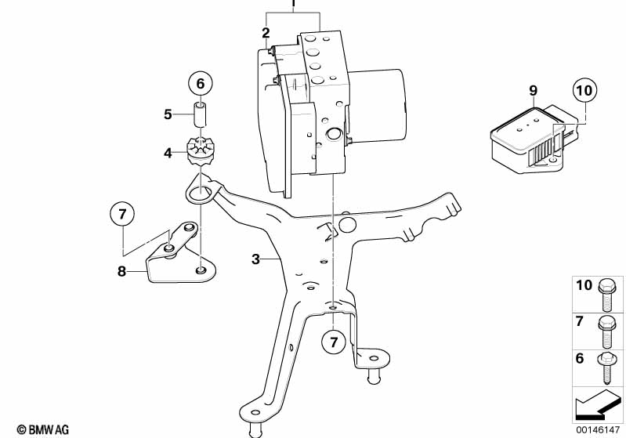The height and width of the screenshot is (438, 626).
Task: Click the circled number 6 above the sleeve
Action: [200, 83]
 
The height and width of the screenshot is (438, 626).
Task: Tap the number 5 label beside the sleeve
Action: [168, 114]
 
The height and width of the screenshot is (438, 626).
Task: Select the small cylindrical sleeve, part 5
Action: [201, 114]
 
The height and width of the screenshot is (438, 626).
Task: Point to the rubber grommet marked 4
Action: [201, 151]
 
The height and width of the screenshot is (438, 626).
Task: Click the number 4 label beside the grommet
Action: [168, 153]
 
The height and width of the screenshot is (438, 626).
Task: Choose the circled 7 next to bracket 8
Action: [122, 214]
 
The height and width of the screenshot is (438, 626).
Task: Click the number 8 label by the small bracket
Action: [120, 270]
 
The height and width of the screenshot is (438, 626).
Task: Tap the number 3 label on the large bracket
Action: [255, 258]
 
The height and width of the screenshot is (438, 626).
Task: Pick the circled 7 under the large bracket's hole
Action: [333, 342]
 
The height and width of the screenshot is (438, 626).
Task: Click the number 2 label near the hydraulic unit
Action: [266, 33]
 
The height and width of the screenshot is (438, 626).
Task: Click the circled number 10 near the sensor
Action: [584, 91]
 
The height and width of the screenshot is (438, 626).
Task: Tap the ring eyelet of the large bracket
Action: [201, 191]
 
